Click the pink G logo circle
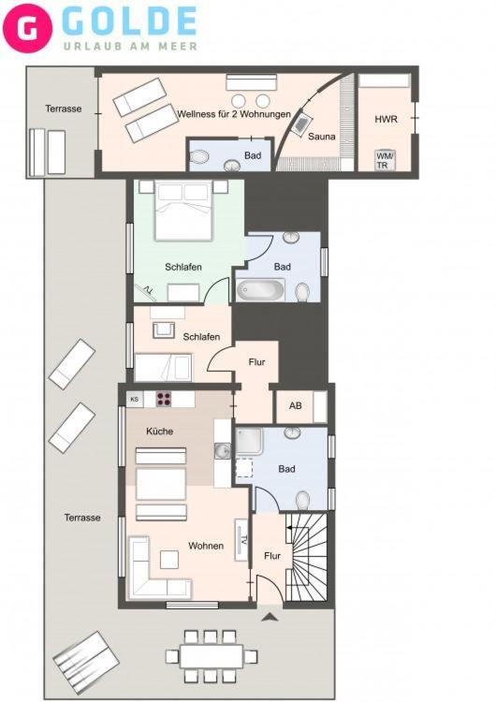point(27,28)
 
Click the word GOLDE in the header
point(130,21)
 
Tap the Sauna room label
point(321,136)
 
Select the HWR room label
point(386,119)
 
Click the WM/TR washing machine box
point(385,160)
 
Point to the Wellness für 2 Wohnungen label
point(234,114)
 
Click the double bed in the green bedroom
point(183,210)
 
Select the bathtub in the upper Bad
point(260,289)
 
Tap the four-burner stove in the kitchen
point(164,399)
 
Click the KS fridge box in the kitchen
point(135,399)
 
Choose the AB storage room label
point(296,405)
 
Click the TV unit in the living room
point(241,539)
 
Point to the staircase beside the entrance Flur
point(307,557)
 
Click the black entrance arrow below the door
point(270,618)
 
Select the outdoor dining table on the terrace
point(212,656)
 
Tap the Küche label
point(159,431)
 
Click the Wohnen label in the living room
point(206,546)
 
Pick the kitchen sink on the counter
point(222,451)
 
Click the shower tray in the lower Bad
point(250,442)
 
